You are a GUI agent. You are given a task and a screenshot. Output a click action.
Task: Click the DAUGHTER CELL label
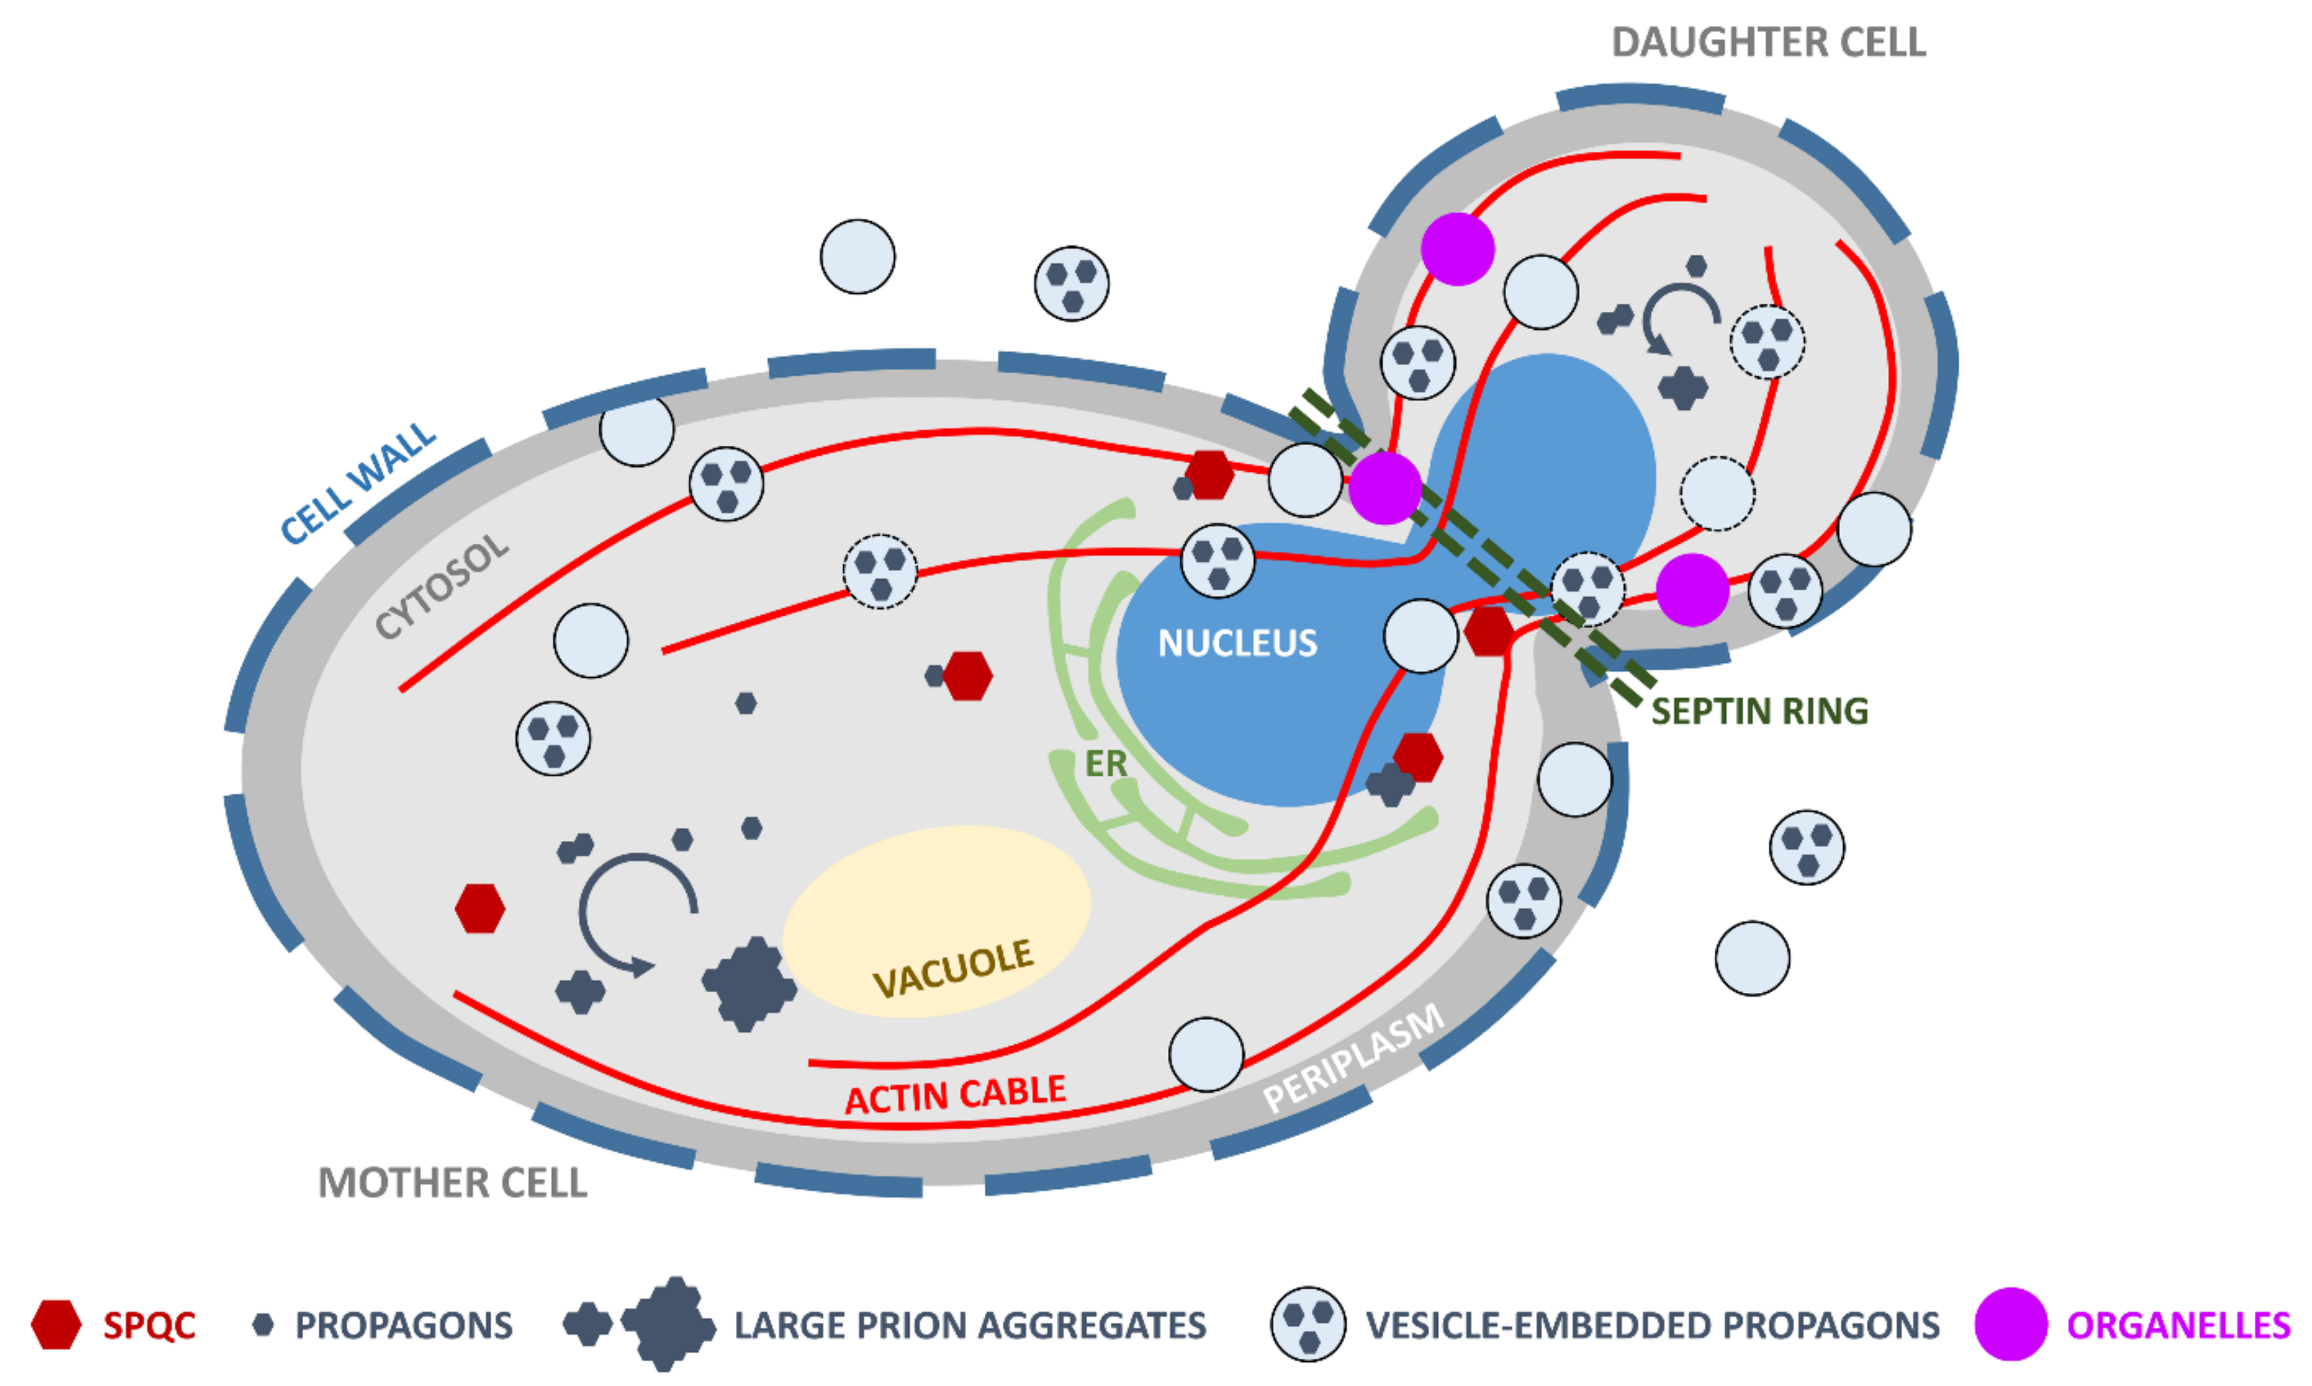click(1767, 42)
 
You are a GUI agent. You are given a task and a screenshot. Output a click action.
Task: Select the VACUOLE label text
click(953, 968)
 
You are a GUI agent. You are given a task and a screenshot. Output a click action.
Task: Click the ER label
click(1105, 764)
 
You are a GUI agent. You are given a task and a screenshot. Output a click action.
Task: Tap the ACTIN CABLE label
click(955, 1095)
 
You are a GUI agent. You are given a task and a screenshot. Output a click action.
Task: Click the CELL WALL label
click(359, 484)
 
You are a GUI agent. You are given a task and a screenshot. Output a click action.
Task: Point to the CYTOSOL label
click(442, 586)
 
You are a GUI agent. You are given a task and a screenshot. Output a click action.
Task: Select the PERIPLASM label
click(1353, 1059)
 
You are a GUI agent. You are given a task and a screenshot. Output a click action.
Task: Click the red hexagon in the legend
click(56, 1324)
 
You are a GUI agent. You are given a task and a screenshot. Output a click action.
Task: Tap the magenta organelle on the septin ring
click(1385, 488)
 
